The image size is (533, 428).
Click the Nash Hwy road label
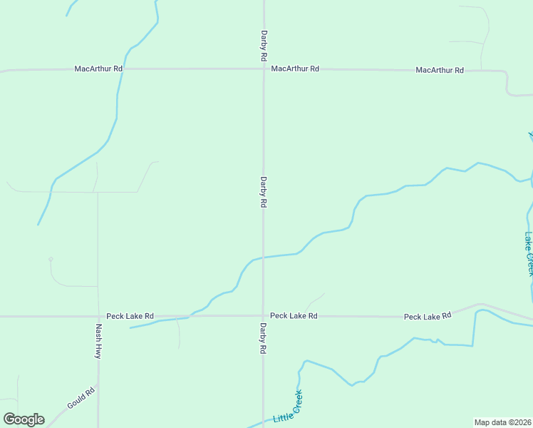click(99, 341)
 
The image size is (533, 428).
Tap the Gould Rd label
click(81, 398)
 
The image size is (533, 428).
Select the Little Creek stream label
click(288, 407)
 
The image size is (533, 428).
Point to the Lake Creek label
click(529, 254)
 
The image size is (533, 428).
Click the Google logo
click(24, 419)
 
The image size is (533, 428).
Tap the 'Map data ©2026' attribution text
click(503, 422)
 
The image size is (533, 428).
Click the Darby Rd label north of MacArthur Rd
click(264, 44)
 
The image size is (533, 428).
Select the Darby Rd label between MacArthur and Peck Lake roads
click(264, 192)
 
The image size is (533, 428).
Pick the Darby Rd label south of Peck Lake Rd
click(263, 339)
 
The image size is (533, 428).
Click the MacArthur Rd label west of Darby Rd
click(99, 68)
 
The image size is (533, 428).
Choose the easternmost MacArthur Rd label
click(440, 70)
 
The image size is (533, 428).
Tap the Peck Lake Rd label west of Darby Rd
click(130, 315)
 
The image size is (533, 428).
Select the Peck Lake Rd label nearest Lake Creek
click(428, 315)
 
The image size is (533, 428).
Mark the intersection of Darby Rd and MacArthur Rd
click(264, 69)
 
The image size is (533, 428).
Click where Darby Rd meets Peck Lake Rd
click(263, 315)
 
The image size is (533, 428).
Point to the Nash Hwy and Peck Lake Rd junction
click(98, 316)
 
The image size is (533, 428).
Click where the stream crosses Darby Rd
click(263, 257)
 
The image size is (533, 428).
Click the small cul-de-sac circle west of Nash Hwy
click(50, 259)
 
